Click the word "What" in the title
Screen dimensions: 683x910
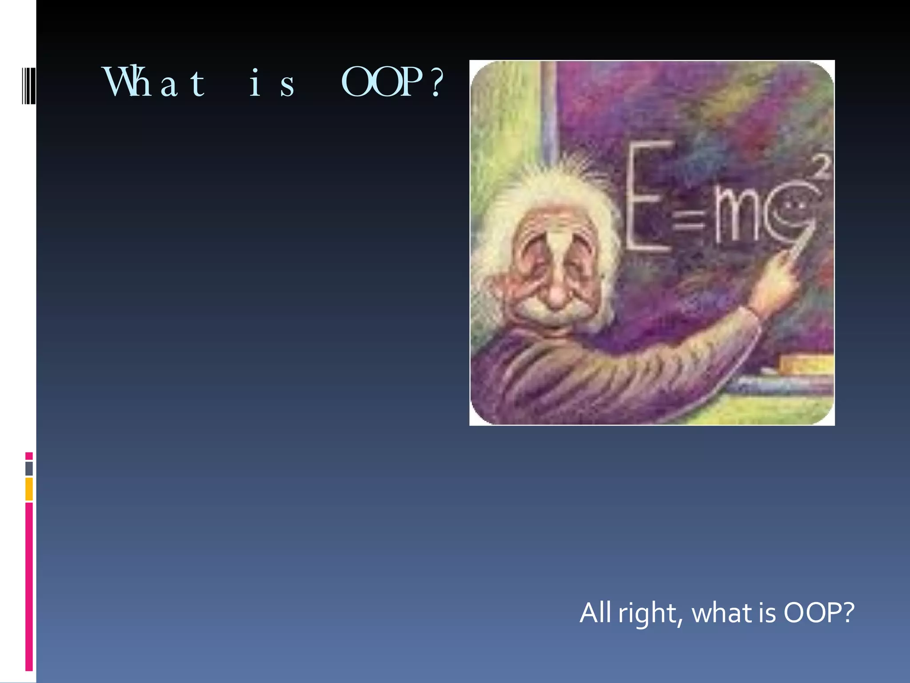point(154,82)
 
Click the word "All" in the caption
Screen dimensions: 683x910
point(595,613)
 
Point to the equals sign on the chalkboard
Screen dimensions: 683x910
point(688,221)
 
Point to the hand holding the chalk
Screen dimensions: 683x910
point(778,285)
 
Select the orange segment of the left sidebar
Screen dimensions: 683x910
point(29,489)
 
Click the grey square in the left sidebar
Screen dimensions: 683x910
point(29,468)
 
